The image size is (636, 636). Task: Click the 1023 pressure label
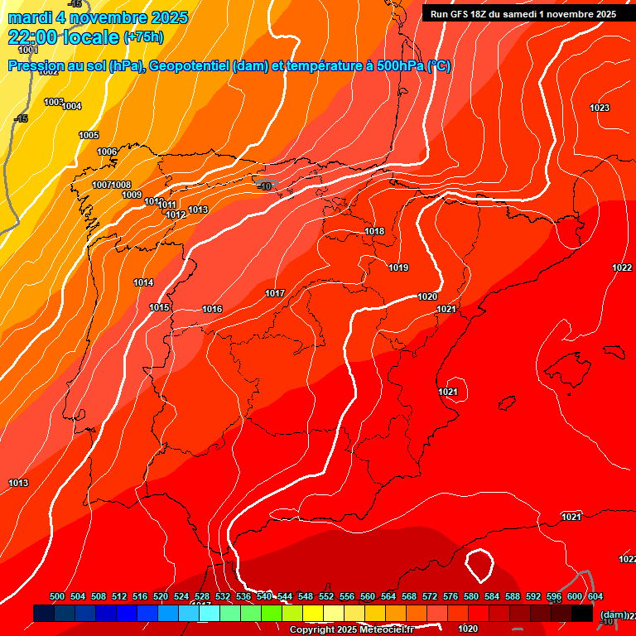coord(600,108)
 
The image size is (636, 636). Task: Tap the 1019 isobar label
coord(398,267)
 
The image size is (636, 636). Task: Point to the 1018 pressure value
coord(374,231)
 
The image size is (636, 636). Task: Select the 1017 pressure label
coord(275,294)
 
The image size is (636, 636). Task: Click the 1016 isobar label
coord(212,309)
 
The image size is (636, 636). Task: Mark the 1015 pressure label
coord(159,307)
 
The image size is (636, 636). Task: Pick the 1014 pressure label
coord(143,282)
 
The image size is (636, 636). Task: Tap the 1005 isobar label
coord(89,135)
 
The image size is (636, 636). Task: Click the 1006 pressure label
coord(107,152)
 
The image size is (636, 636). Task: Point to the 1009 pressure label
coord(132,195)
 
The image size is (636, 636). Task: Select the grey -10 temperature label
coord(265,186)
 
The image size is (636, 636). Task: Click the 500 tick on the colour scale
coord(57,597)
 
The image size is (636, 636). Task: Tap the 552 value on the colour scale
coord(326,597)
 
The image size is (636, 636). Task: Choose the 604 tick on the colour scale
coord(595,597)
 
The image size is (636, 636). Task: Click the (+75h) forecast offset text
coord(143,37)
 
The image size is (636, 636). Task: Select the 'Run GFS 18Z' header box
coord(523,14)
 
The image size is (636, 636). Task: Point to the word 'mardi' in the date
coord(30,17)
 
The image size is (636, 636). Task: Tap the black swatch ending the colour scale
coord(582,613)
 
